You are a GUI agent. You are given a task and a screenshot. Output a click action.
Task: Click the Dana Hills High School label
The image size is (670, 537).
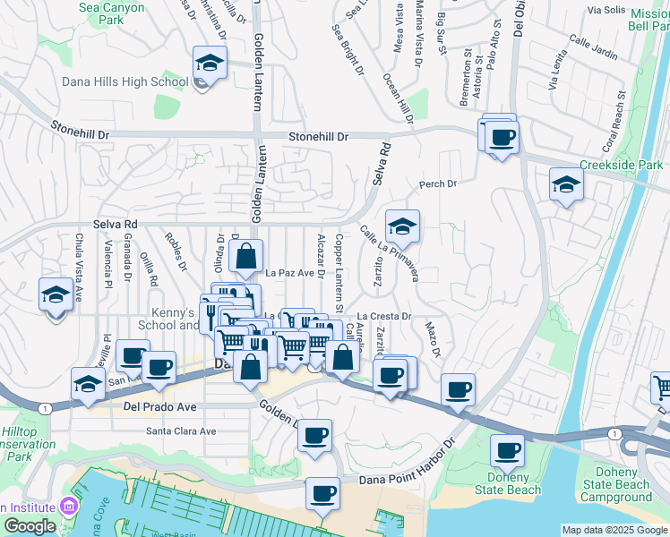click(125, 81)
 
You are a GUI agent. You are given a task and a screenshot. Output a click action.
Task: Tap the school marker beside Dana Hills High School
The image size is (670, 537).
click(210, 64)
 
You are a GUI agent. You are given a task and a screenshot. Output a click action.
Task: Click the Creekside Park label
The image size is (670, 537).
click(622, 165)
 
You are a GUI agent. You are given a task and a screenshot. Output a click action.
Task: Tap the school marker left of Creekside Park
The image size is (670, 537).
click(566, 185)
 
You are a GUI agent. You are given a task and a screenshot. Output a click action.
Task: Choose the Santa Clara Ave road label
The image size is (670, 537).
click(182, 430)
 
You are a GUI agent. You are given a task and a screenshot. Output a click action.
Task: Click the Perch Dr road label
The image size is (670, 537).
click(438, 184)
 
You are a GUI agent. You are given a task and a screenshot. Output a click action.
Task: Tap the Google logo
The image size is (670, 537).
click(30, 525)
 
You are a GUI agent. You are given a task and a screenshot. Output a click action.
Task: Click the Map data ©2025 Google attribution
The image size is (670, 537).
click(615, 530)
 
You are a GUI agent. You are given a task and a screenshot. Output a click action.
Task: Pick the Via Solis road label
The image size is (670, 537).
click(606, 11)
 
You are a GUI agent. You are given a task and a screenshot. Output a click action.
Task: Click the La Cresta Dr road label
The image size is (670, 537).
click(383, 317)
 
